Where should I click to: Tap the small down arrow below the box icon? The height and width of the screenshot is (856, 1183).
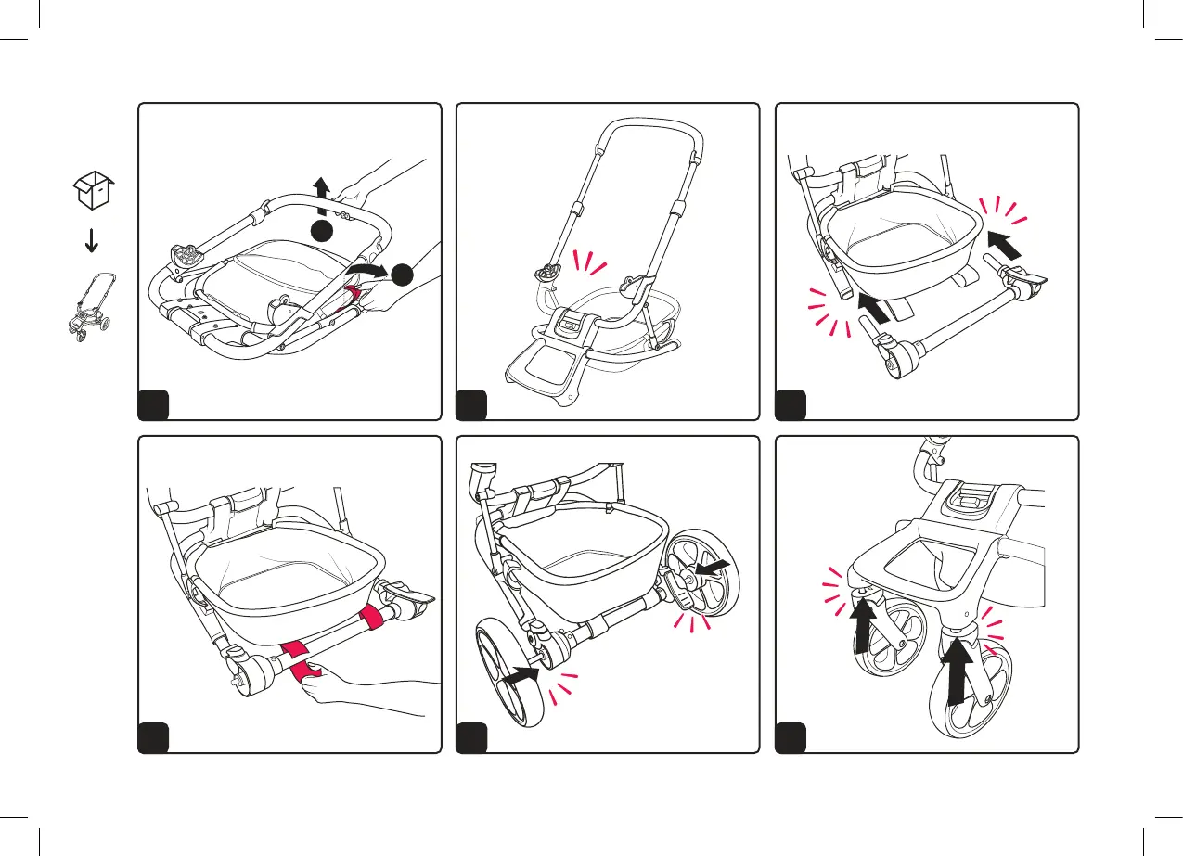(x=92, y=241)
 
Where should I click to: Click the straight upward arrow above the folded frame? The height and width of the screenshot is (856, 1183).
(x=322, y=197)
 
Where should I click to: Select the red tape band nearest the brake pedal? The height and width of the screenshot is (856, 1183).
(x=375, y=616)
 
